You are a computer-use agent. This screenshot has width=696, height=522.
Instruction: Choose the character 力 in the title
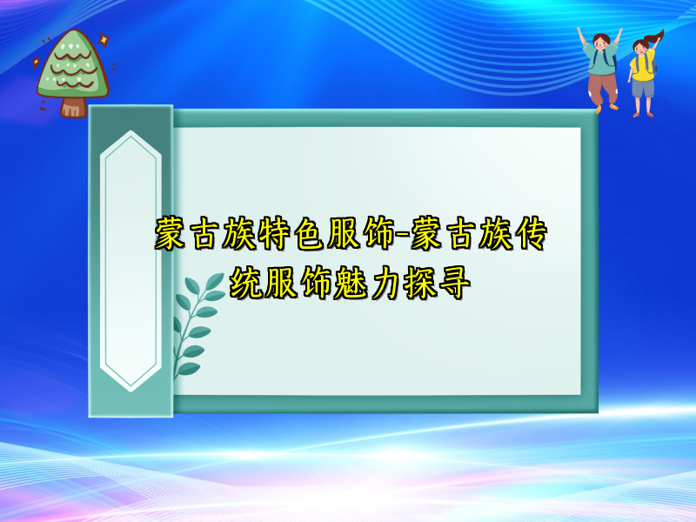click(x=385, y=284)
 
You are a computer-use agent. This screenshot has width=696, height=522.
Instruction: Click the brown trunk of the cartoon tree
click(x=73, y=107)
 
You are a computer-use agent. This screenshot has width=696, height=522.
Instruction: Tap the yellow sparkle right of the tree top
click(x=103, y=40)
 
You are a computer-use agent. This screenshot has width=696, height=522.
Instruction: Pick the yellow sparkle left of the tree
click(x=36, y=63)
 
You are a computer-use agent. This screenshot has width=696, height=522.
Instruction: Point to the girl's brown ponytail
click(x=655, y=38)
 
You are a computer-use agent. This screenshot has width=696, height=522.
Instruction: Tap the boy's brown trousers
click(x=601, y=87)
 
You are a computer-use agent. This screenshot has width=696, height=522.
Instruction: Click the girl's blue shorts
click(x=642, y=89)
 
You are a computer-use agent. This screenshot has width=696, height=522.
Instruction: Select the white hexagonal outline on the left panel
click(x=130, y=261)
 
